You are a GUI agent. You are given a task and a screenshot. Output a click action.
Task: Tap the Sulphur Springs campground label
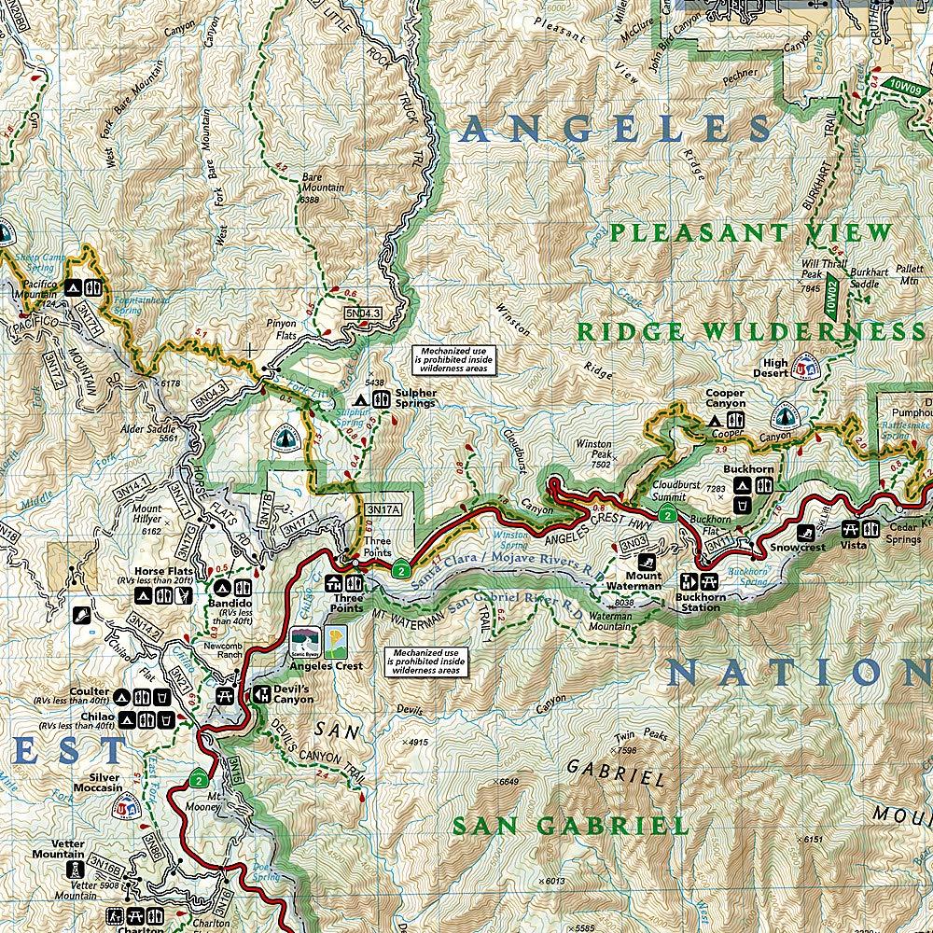click(x=415, y=398)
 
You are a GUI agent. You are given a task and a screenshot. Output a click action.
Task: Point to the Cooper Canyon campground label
click(x=725, y=399)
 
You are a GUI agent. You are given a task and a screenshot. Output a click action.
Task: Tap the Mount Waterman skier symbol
click(x=647, y=564)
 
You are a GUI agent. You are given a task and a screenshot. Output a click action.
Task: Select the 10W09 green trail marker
click(x=903, y=83)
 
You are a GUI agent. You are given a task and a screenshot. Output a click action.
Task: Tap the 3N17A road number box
click(x=383, y=509)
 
